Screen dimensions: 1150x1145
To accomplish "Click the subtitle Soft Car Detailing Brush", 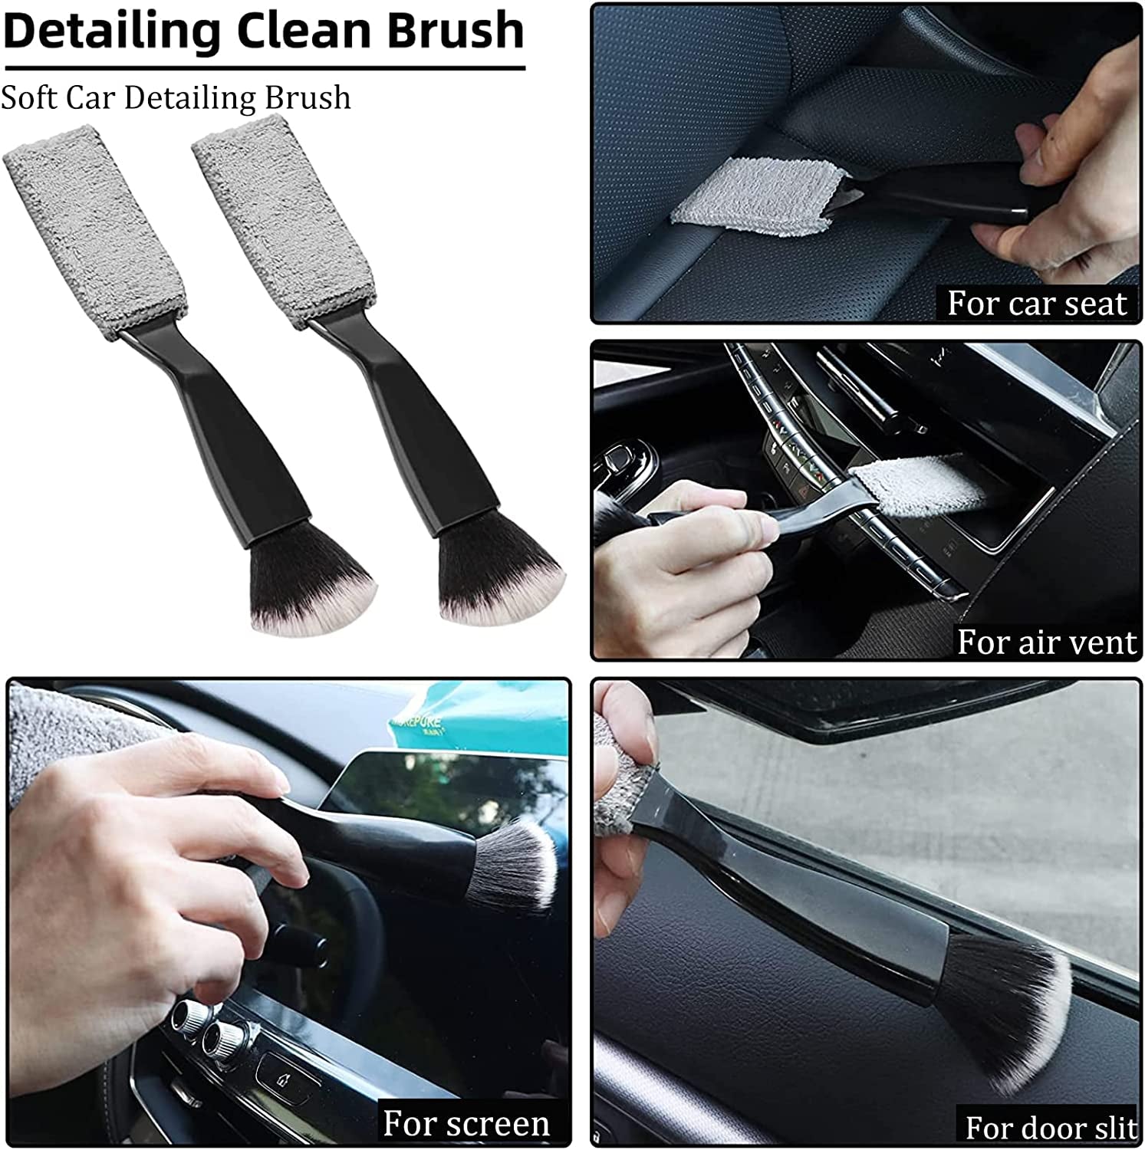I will (x=176, y=97).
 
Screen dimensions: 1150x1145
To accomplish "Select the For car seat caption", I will (x=1037, y=304).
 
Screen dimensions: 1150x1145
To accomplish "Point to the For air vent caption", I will (x=1046, y=641).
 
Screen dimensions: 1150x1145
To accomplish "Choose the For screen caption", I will (x=466, y=1123).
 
